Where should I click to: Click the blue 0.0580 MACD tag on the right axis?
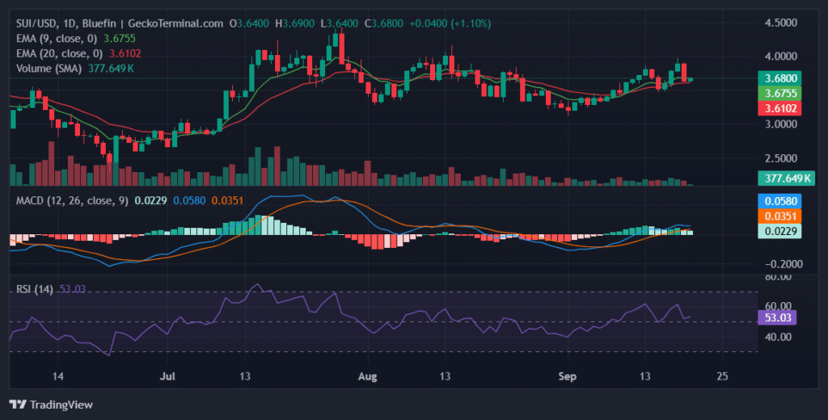click(778, 201)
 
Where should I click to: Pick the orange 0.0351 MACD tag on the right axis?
click(778, 216)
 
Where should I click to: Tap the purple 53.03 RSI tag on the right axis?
click(778, 318)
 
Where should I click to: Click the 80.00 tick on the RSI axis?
click(778, 277)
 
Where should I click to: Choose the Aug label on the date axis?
click(368, 376)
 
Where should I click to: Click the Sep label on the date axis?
click(567, 376)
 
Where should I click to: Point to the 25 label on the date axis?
click(722, 376)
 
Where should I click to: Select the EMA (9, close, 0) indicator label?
click(57, 38)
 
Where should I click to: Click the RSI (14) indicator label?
click(35, 289)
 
